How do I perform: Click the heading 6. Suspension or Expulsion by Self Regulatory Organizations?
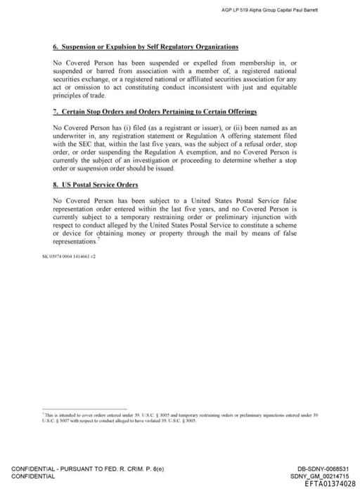(146, 47)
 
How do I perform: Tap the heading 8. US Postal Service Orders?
(96, 185)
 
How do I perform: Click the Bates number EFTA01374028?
(330, 483)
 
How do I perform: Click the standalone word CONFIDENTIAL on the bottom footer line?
(32, 476)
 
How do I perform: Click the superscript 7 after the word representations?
(99, 239)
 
